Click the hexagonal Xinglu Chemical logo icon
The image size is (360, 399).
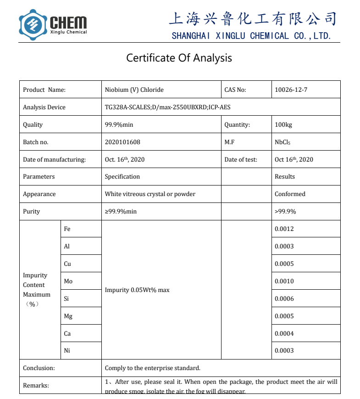click(33, 25)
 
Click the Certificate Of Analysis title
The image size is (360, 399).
click(179, 58)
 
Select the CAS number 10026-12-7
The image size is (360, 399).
click(291, 90)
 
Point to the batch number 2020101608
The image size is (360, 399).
click(122, 142)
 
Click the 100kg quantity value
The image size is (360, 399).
click(283, 124)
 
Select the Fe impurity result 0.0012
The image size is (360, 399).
click(284, 229)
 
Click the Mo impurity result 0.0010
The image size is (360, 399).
click(284, 281)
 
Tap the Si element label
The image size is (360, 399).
click(66, 298)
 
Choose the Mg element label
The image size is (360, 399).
click(68, 316)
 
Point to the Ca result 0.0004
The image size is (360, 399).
click(284, 333)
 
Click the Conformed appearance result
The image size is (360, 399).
click(290, 194)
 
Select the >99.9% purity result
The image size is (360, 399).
click(285, 211)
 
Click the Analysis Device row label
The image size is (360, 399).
click(44, 107)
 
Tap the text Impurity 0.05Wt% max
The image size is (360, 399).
click(137, 290)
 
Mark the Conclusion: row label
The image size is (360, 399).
click(39, 368)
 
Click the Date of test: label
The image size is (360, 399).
click(241, 159)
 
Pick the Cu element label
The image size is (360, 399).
click(67, 264)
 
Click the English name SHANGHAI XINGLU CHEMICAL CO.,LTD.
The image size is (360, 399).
click(251, 36)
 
